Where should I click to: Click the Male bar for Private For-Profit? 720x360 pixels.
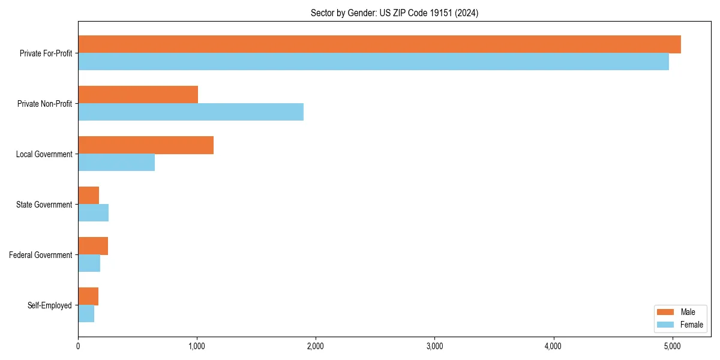click(379, 44)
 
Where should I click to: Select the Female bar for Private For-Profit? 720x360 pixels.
click(373, 62)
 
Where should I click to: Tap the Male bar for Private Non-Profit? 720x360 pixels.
click(138, 95)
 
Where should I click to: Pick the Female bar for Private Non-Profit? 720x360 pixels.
click(191, 112)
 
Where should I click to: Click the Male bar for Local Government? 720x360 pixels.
click(146, 145)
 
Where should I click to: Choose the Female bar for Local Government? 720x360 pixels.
click(116, 163)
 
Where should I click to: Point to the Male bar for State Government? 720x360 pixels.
click(89, 196)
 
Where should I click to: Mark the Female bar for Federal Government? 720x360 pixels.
click(89, 263)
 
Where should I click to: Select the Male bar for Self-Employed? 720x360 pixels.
click(88, 296)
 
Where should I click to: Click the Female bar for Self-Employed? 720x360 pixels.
click(86, 314)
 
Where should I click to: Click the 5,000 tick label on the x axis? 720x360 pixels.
click(672, 346)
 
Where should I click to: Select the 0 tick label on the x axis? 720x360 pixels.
click(78, 346)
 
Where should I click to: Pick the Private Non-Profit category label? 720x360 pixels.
click(44, 104)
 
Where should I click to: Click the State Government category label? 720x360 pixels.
click(44, 205)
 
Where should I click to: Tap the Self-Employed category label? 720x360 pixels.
click(50, 305)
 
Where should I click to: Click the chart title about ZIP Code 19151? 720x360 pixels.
click(394, 13)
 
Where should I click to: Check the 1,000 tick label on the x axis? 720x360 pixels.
click(197, 346)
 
